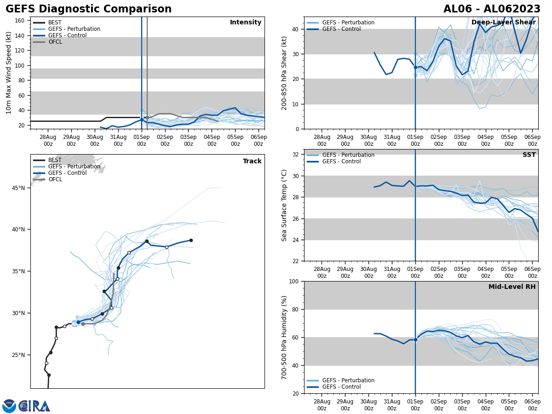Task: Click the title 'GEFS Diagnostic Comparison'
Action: coord(88,9)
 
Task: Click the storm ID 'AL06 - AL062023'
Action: coord(492,9)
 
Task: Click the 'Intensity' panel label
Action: coord(246,23)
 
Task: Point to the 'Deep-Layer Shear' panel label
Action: coord(503,23)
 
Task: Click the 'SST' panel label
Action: coord(529,155)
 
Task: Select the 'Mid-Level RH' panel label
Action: coord(512,287)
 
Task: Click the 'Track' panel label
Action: coord(252,161)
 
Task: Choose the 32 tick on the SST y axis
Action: coord(296,155)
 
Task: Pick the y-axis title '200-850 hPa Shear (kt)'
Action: coord(284,73)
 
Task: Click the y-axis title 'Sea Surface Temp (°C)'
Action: coord(284,205)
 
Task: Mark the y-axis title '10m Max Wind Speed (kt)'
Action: coord(9,73)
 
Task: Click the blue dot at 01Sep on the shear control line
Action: coord(415,67)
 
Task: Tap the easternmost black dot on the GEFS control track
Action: coord(191,240)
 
